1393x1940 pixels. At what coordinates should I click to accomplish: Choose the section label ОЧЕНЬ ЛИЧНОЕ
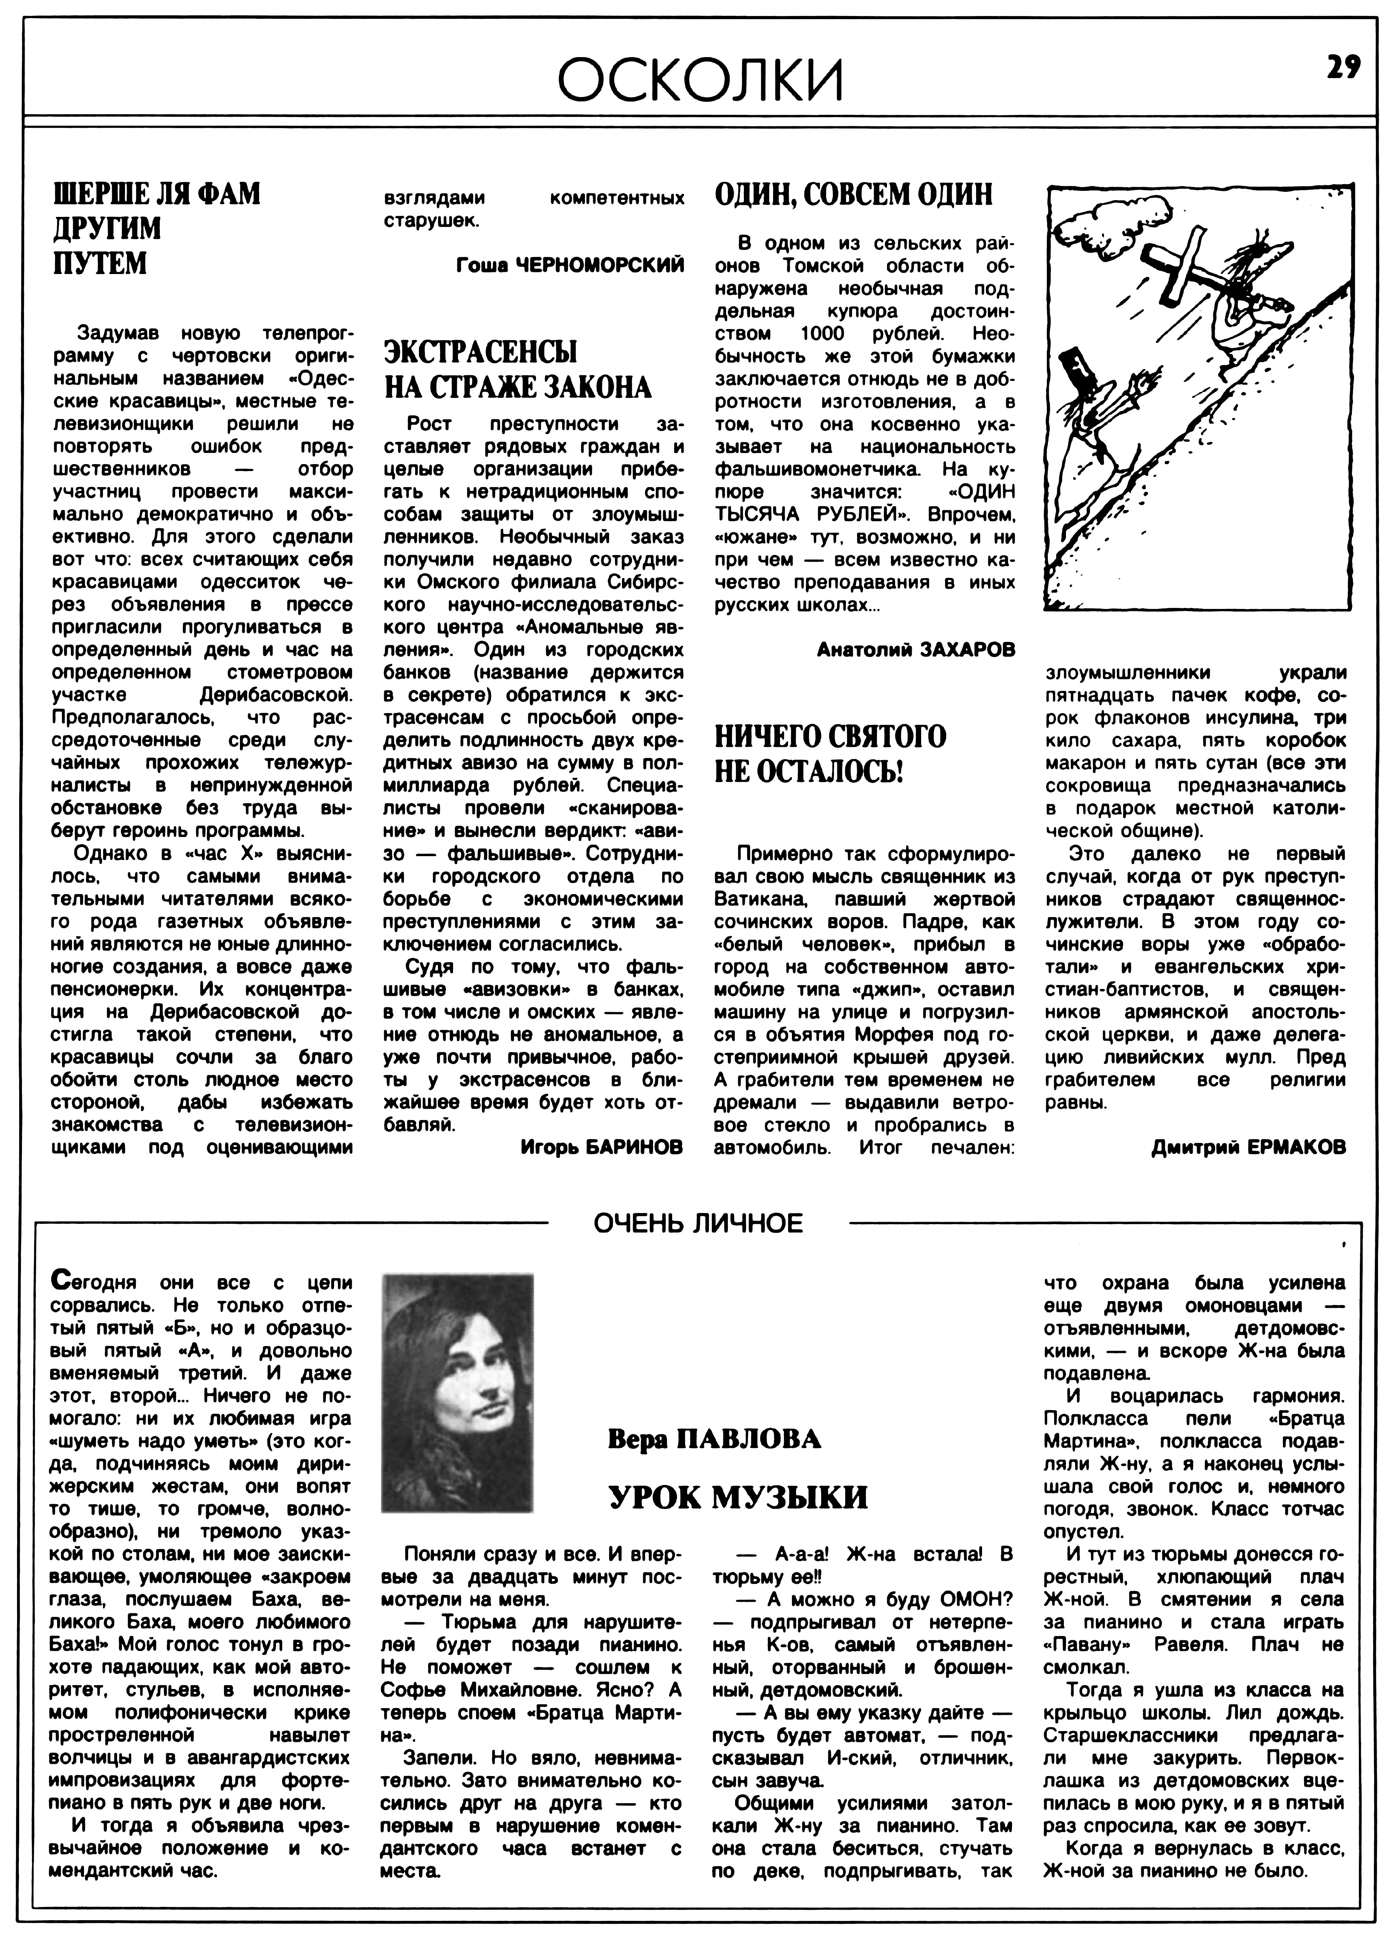point(698,1223)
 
